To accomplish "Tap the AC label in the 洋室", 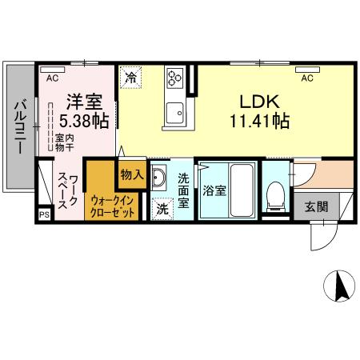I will [52, 78].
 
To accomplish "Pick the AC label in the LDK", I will [307, 78].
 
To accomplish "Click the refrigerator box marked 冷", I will [130, 78].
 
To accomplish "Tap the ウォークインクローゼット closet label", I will [112, 205].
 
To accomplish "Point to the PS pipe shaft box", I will [44, 214].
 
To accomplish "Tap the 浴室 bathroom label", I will [212, 191].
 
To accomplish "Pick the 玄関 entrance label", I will [317, 206].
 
